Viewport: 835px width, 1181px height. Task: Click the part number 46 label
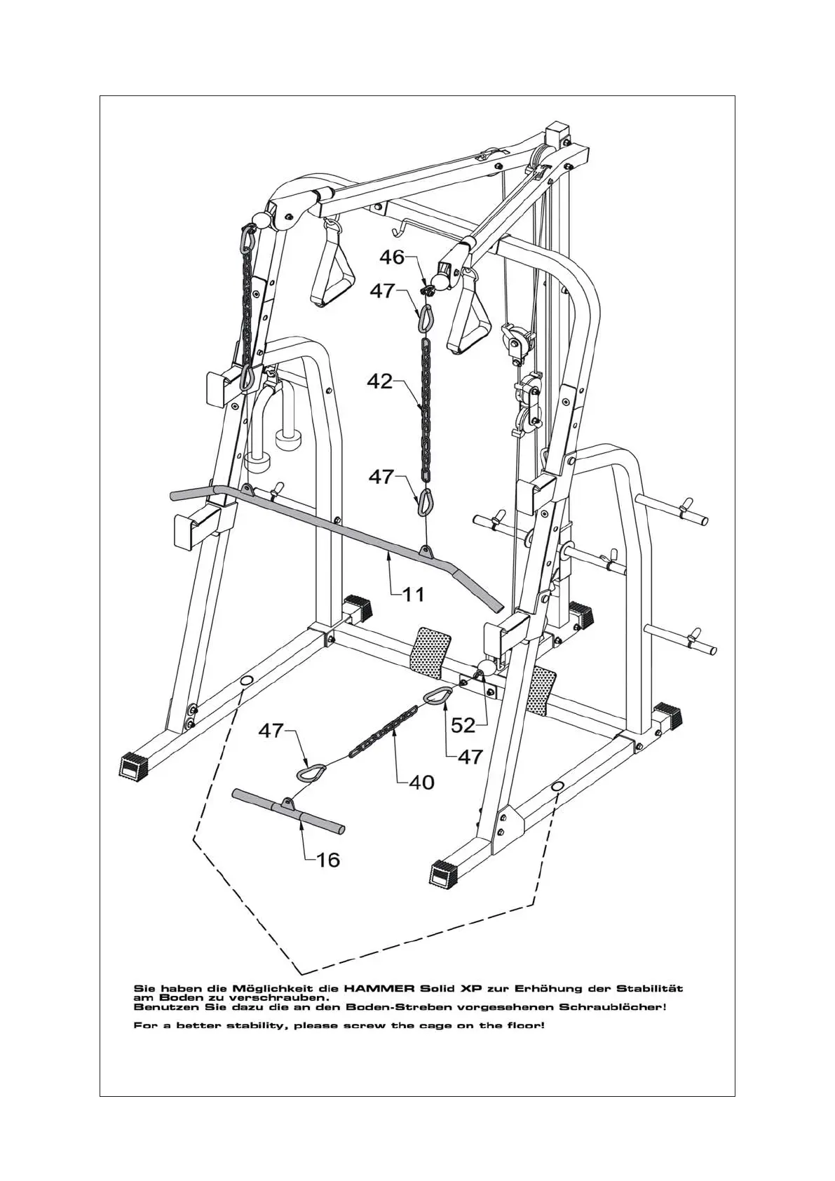(x=392, y=257)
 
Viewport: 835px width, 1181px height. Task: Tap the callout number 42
(x=380, y=382)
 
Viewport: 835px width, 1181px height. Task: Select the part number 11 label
(x=414, y=595)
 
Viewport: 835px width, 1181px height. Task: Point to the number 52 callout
(x=464, y=725)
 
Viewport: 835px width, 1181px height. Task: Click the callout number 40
(x=421, y=782)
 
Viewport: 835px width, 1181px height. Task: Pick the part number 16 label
(x=327, y=859)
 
